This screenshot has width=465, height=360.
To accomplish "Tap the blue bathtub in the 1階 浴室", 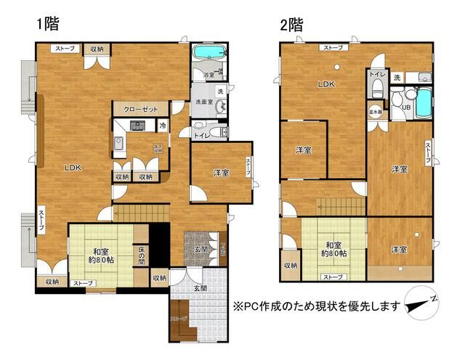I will [209, 55].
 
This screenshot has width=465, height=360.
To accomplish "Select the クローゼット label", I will [140, 109].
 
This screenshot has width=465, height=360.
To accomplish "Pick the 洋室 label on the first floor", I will [221, 173].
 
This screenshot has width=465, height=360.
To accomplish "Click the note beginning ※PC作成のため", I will [315, 306].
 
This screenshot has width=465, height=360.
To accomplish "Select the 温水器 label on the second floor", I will [376, 112].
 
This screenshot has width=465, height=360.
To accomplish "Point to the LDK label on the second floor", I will [326, 84].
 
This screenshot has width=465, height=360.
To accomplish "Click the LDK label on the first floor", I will [73, 168].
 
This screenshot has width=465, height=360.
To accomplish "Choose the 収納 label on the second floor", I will [291, 265].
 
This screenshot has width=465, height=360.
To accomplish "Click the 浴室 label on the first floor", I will [208, 75].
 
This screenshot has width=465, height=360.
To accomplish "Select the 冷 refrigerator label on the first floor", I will [163, 126].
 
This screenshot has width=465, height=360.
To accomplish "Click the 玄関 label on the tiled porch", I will [199, 288].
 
